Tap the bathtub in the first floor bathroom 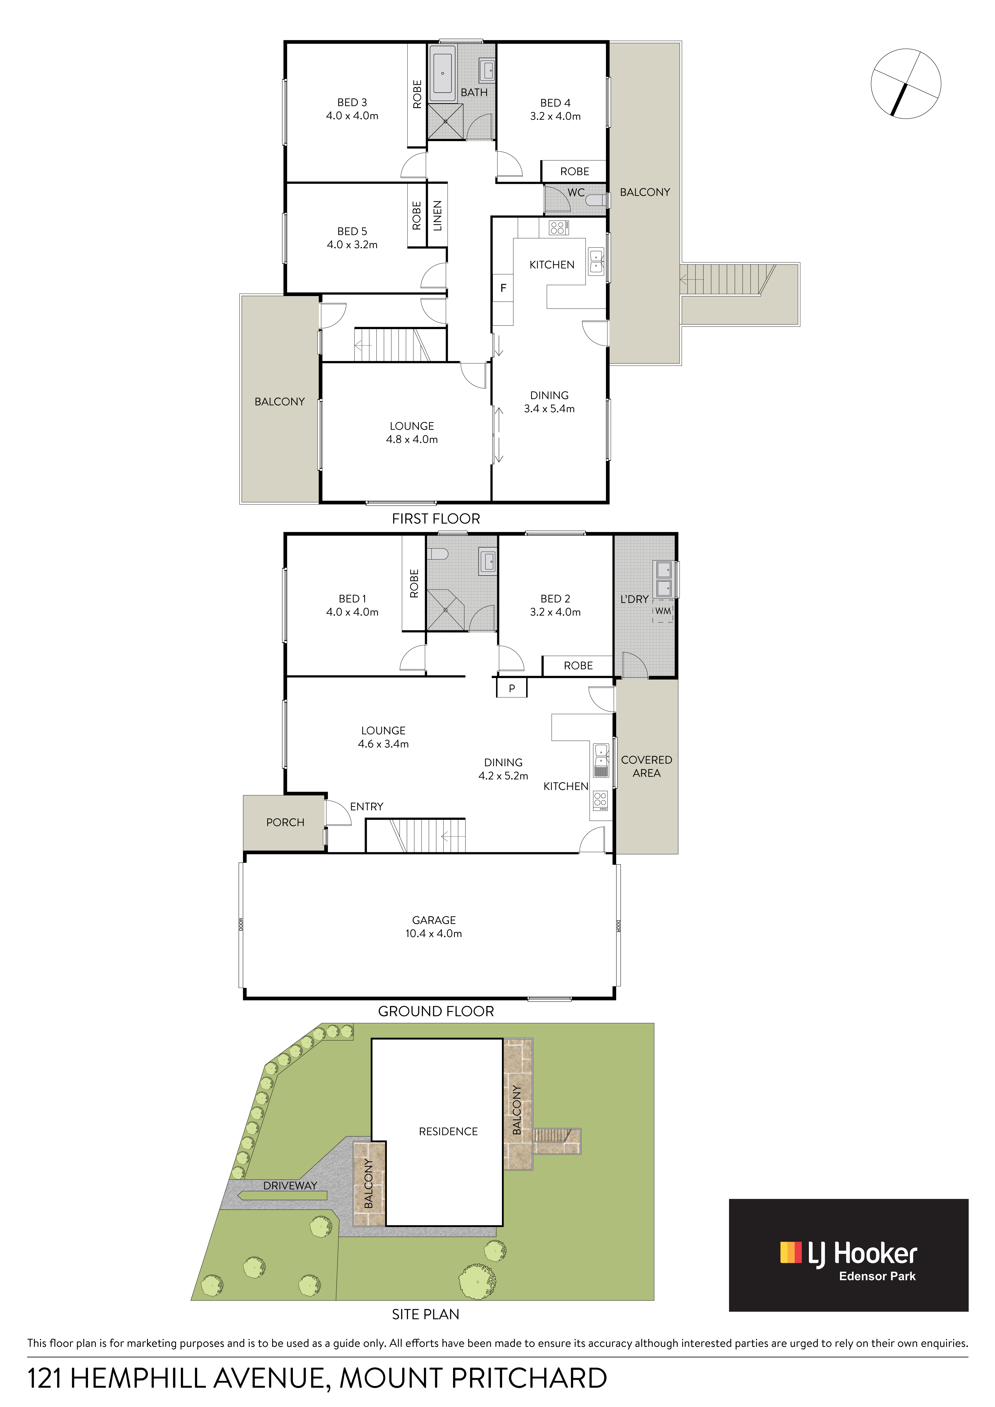point(442,74)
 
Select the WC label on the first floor point(576,192)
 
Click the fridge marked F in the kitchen point(503,288)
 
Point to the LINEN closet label point(437,216)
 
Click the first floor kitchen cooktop point(557,228)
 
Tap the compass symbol point(906,83)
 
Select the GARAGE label point(434,920)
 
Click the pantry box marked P point(512,688)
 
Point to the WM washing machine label point(663,611)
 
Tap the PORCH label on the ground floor point(285,822)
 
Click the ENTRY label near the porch point(366,806)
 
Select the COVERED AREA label point(646,766)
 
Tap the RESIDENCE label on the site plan point(448,1131)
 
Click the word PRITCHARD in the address point(529,1378)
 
